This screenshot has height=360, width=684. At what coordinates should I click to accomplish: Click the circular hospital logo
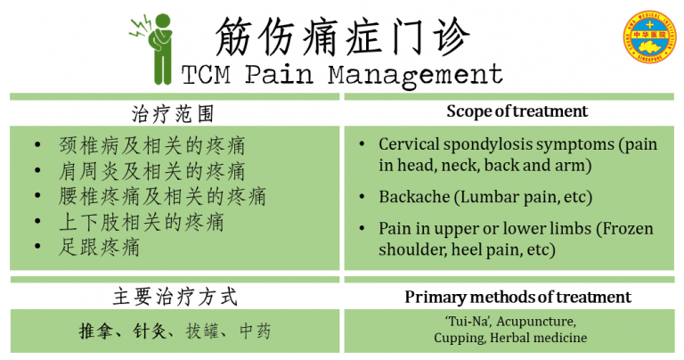pyautogui.click(x=649, y=37)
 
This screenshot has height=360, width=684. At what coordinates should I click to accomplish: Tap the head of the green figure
pyautogui.click(x=163, y=20)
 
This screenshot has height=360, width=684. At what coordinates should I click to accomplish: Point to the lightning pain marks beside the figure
pyautogui.click(x=141, y=28)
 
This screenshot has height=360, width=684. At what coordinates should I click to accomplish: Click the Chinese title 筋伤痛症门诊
pyautogui.click(x=343, y=37)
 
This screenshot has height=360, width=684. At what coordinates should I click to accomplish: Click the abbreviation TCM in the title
pyautogui.click(x=206, y=75)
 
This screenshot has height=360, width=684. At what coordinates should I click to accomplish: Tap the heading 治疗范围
pyautogui.click(x=173, y=114)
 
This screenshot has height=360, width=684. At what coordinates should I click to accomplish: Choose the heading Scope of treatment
pyautogui.click(x=517, y=111)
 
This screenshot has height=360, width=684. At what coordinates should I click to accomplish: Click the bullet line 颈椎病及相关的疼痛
pyautogui.click(x=151, y=145)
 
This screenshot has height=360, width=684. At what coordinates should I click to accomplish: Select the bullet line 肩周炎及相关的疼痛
pyautogui.click(x=151, y=171)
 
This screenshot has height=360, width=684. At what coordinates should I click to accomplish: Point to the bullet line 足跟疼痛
pyautogui.click(x=99, y=247)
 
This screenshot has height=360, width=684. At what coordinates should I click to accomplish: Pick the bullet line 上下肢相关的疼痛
pyautogui.click(x=142, y=222)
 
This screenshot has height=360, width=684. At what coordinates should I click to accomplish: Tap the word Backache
pyautogui.click(x=414, y=197)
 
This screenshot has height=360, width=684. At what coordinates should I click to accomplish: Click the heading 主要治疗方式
pyautogui.click(x=175, y=297)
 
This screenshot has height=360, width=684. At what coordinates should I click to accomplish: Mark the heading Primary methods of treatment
pyautogui.click(x=517, y=297)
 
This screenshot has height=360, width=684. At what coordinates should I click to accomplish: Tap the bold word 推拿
pyautogui.click(x=95, y=331)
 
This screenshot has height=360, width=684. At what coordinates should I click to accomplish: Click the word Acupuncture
pyautogui.click(x=536, y=322)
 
